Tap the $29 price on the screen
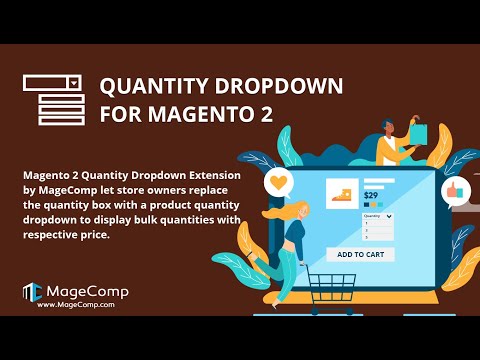coord(370,196)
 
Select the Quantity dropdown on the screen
coord(376,215)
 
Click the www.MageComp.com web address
coord(74,305)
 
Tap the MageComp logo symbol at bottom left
coord(31,292)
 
